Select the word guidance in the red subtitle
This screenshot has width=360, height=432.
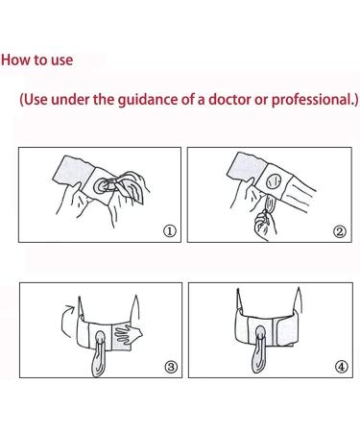(148, 100)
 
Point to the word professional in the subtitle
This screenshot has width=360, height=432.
(311, 100)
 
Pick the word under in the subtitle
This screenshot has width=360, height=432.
(70, 99)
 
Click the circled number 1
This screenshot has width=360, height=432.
(170, 230)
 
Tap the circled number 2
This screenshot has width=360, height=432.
(340, 231)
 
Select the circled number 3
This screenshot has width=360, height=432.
(171, 367)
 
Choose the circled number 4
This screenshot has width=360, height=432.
(341, 367)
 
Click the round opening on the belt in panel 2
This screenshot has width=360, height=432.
(274, 182)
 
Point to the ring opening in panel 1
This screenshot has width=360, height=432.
(103, 186)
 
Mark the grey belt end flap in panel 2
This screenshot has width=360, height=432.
(247, 168)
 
